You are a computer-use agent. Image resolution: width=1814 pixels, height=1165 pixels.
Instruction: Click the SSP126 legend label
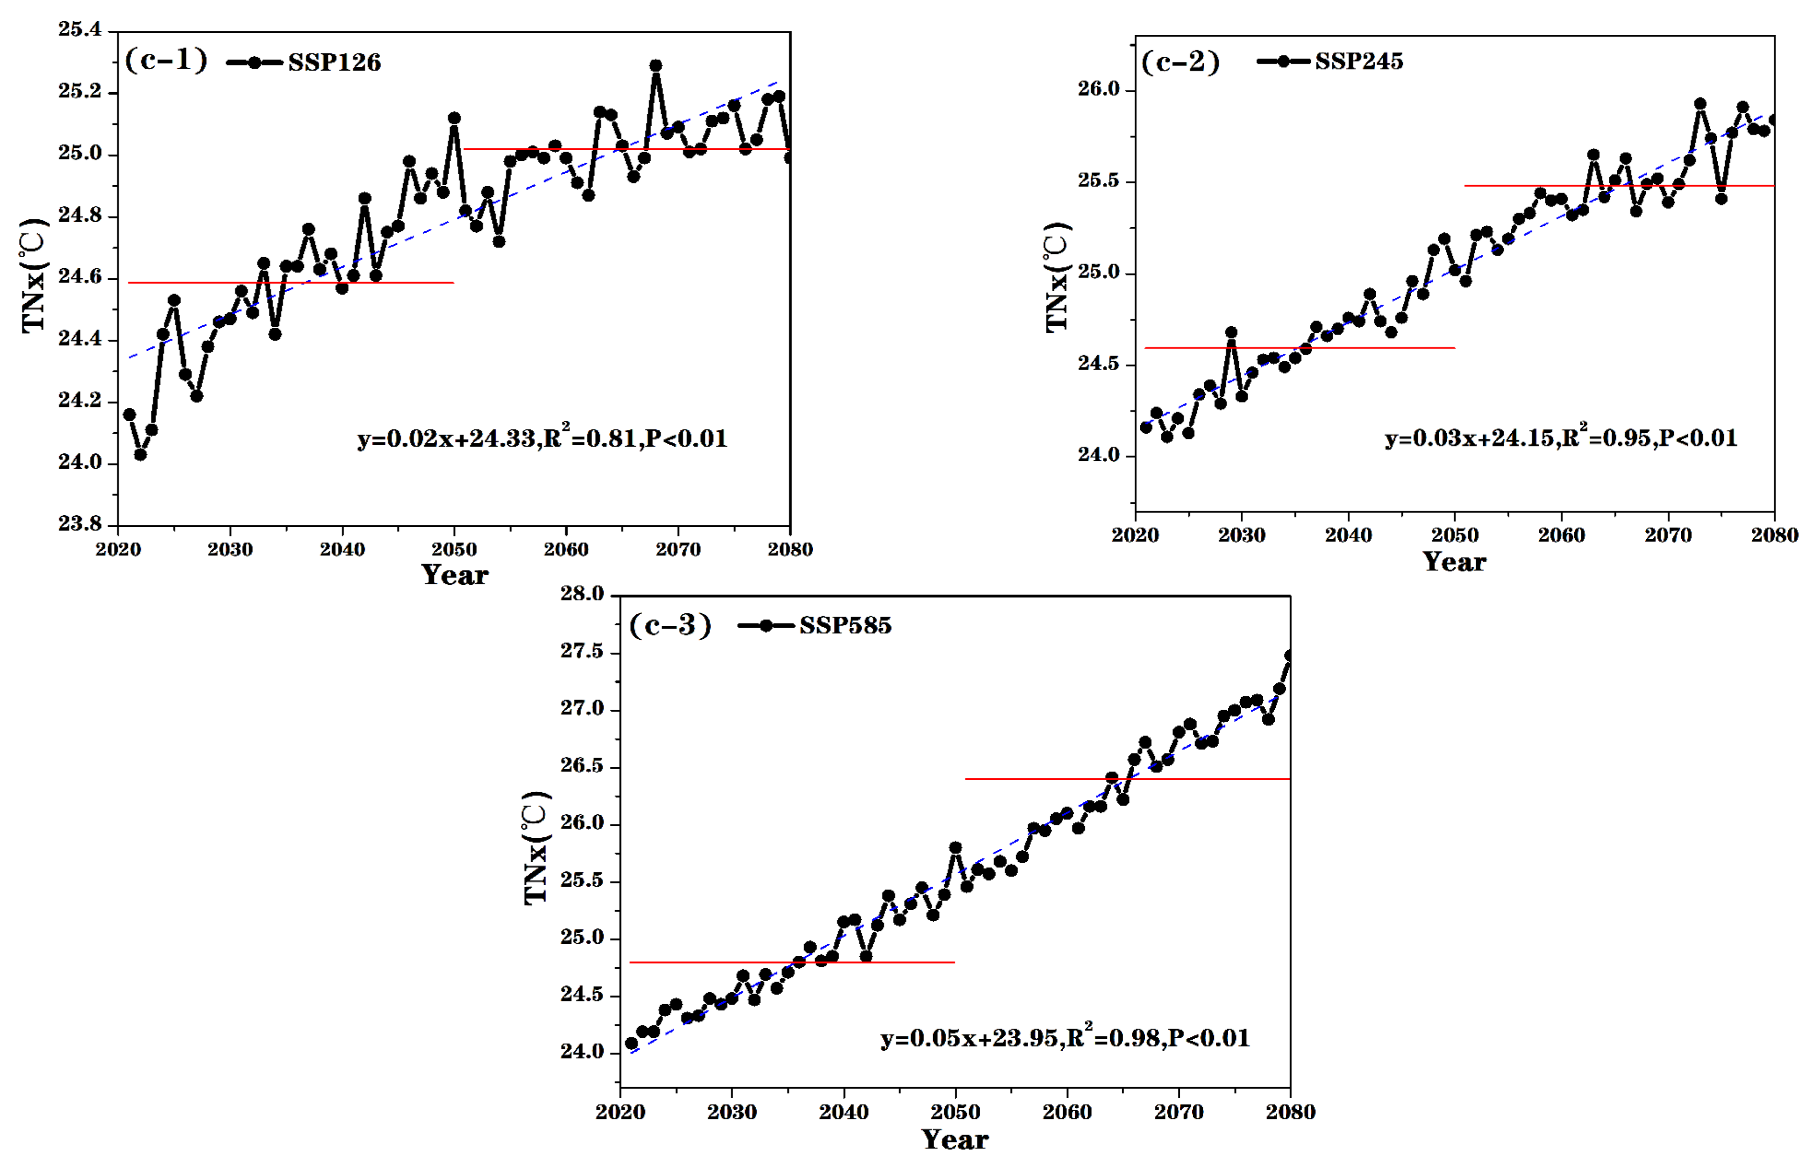pyautogui.click(x=334, y=63)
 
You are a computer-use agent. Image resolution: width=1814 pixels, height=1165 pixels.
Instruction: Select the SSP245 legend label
pyautogui.click(x=1359, y=61)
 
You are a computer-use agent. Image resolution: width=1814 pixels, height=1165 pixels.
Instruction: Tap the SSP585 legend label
pyautogui.click(x=845, y=626)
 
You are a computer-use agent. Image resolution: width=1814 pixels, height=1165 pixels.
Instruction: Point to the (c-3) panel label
pyautogui.click(x=670, y=625)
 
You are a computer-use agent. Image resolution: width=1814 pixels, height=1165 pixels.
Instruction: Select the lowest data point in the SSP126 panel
pyautogui.click(x=140, y=455)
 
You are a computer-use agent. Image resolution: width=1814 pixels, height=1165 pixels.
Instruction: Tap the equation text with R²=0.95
pyautogui.click(x=1561, y=437)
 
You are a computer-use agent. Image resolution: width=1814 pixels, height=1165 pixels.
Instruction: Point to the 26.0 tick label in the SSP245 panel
pyautogui.click(x=1098, y=89)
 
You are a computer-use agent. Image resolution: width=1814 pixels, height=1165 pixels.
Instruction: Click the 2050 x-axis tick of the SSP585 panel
pyautogui.click(x=955, y=1112)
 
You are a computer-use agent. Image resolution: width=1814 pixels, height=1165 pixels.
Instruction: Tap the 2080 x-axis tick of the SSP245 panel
pyautogui.click(x=1774, y=535)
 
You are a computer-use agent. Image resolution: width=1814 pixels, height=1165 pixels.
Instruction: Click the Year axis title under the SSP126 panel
pyautogui.click(x=454, y=575)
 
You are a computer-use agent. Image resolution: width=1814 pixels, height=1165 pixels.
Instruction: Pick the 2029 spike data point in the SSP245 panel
pyautogui.click(x=1231, y=333)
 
